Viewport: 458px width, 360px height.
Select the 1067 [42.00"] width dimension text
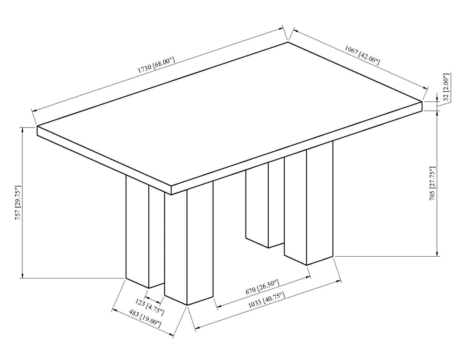coord(362,55)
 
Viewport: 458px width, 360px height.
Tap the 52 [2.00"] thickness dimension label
coord(446,87)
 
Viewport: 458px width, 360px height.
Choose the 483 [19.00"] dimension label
coord(145,318)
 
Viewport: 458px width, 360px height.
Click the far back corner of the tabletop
coord(288,42)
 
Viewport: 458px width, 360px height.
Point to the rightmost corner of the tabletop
coord(421,102)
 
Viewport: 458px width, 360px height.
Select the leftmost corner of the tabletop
coord(37,126)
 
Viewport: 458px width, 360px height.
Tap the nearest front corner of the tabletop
coord(171,186)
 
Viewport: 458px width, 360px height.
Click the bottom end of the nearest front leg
coord(188,304)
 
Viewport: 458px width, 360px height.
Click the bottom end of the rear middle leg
coord(268,247)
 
